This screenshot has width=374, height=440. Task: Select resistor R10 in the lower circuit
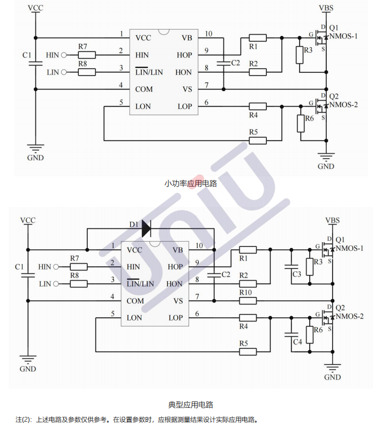coord(247,301)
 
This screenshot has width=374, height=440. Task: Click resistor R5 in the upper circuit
coord(258,140)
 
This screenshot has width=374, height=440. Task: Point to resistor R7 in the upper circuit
coord(87,55)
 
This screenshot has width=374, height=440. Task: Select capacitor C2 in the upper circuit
coord(223,63)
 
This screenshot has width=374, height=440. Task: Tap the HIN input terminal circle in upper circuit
coord(64,55)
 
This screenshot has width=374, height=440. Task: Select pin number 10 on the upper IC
coord(208,34)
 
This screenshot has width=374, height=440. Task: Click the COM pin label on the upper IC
coord(143,89)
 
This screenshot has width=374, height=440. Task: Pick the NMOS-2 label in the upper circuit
coord(343,105)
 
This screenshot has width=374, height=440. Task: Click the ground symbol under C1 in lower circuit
coord(28,359)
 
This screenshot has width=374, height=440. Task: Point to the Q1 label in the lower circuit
coord(340,239)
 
